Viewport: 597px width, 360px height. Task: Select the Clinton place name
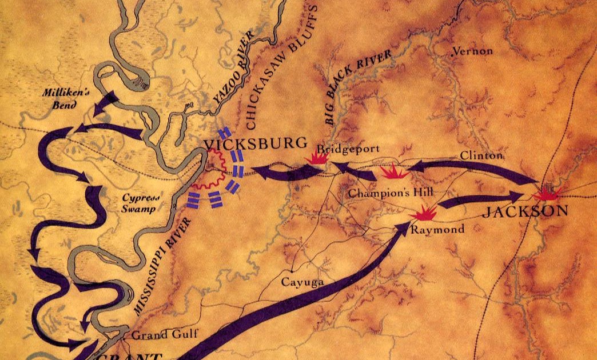click(481, 155)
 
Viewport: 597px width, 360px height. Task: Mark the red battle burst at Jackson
click(547, 193)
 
